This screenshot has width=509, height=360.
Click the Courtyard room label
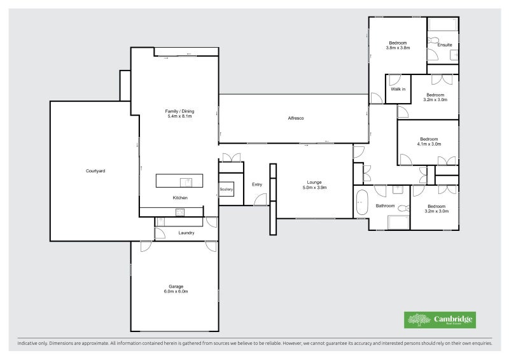pos(95,171)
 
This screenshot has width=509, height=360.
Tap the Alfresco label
pos(295,119)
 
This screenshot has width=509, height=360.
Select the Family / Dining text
pos(179,111)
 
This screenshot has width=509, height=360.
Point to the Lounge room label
pos(313,183)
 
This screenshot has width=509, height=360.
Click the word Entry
pos(257,184)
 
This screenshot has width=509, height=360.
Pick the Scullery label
pos(227,190)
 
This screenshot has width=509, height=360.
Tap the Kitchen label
pos(180,198)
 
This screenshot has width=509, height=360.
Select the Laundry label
pos(186,233)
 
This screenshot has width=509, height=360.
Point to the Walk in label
pos(398,89)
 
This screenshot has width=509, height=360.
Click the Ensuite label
pos(445,45)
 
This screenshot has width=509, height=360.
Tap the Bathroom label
pos(385,206)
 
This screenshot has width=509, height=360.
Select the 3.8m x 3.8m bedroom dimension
pos(398,48)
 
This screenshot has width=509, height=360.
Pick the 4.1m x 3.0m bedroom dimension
pos(429,144)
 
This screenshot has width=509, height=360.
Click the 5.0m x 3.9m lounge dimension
pos(313,188)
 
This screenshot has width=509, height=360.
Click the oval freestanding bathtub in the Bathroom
pos(361,202)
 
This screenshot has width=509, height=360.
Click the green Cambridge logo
pos(440,320)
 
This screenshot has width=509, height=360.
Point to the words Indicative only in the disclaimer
pos(32,343)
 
